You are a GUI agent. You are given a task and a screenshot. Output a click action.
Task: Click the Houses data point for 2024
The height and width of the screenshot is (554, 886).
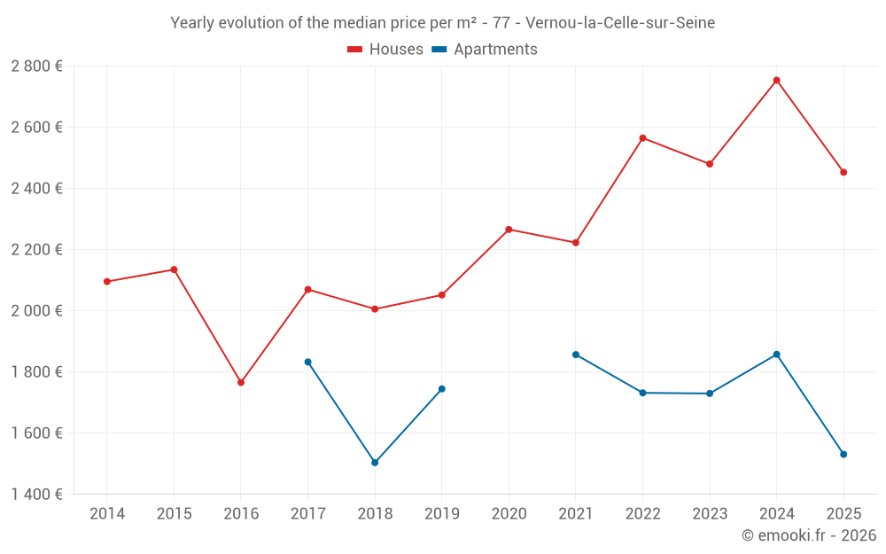click(x=776, y=81)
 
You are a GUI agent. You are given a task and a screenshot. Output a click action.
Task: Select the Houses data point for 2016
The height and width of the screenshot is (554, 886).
click(x=241, y=383)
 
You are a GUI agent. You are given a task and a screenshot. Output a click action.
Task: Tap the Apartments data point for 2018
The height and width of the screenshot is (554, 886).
click(x=375, y=463)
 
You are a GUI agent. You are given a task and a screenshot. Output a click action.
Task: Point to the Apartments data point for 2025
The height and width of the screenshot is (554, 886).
click(x=843, y=455)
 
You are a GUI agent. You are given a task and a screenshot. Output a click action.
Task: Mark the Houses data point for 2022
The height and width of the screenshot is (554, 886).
click(x=642, y=138)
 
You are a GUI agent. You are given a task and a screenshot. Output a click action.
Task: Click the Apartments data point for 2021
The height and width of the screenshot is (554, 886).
click(x=576, y=355)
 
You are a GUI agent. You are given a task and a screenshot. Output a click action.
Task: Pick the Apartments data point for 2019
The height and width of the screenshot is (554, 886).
click(x=442, y=389)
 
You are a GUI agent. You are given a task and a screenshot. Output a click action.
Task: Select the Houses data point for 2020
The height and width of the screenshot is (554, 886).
click(x=509, y=230)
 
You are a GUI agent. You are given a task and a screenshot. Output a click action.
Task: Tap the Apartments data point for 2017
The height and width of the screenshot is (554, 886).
click(x=307, y=362)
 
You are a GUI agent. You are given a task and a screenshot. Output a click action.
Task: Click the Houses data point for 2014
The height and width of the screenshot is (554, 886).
click(x=107, y=282)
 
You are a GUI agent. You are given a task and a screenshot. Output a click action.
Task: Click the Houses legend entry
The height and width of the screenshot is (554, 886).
click(x=385, y=50)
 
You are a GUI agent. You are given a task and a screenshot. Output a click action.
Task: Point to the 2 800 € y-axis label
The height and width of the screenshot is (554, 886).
click(x=36, y=66)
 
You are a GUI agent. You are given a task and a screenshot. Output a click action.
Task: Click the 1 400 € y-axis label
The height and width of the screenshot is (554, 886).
click(x=36, y=495)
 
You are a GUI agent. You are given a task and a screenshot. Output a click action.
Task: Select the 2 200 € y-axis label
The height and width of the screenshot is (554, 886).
click(x=36, y=250)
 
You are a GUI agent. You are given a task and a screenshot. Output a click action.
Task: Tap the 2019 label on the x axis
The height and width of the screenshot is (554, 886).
click(x=442, y=514)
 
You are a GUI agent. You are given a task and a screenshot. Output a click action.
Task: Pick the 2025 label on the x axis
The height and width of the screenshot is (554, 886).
click(x=843, y=514)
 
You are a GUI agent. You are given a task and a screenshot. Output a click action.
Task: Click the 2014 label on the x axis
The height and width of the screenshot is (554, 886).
click(x=107, y=514)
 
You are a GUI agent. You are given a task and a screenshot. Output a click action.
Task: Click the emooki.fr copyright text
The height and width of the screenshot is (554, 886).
click(x=808, y=535)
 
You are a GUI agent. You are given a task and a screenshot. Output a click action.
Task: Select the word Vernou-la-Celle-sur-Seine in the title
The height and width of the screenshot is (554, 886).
click(x=620, y=23)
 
